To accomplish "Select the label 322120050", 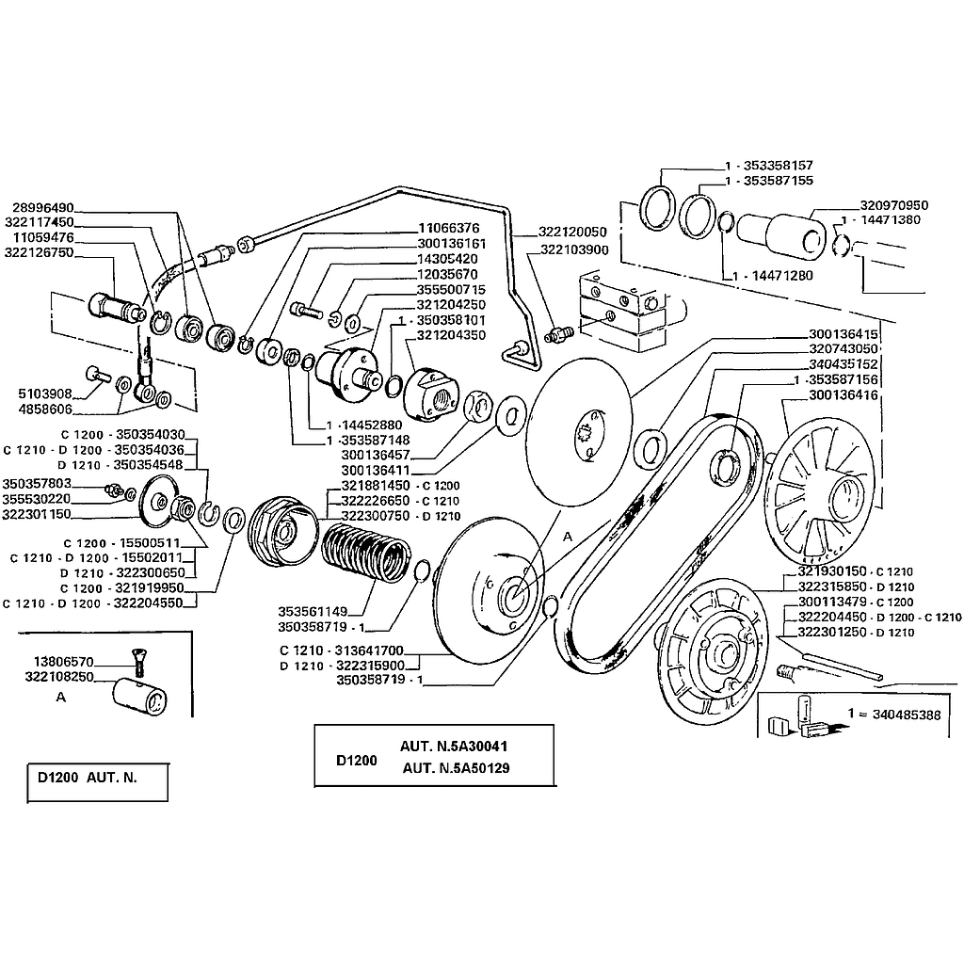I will click(572, 232).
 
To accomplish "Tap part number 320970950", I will click(894, 205).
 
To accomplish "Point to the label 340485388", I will click(893, 715).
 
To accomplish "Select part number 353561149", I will click(313, 610).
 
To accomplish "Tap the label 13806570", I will click(66, 662).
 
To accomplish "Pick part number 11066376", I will click(449, 228).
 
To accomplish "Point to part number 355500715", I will click(450, 289).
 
